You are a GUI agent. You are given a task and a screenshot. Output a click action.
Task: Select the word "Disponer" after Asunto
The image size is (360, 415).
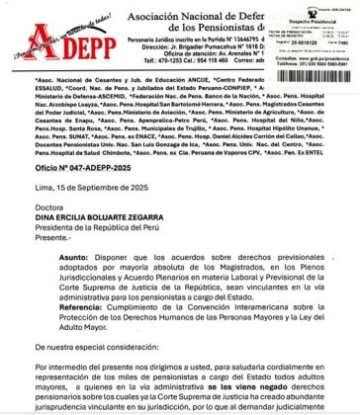(x=120, y=285)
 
